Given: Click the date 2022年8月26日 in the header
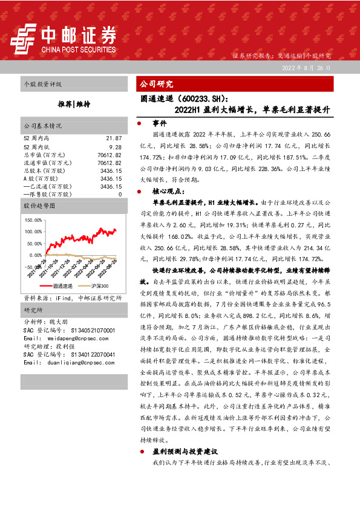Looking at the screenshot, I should [306, 68].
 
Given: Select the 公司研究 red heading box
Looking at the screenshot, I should [156, 85].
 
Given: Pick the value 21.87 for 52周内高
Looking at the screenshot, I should [114, 138].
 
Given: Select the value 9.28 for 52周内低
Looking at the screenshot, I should [116, 146].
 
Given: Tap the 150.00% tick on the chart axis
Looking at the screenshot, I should [33, 221].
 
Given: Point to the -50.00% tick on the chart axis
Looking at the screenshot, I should [33, 266].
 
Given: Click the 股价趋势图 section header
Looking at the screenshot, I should [39, 206].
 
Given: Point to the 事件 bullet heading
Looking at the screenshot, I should [160, 123].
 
